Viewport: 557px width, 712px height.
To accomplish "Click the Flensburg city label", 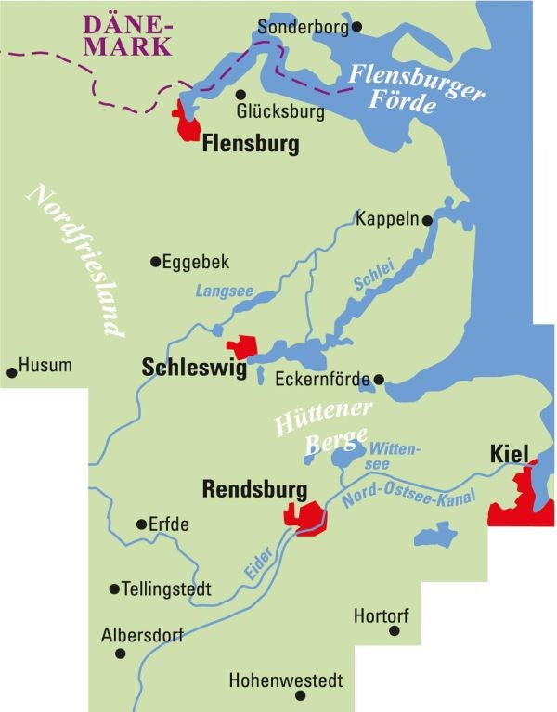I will tap(251, 145).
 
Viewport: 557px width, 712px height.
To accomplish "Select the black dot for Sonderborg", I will tap(356, 27).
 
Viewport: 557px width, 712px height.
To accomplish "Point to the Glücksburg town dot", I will tap(240, 95).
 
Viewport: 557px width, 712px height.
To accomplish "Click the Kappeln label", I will tap(388, 220).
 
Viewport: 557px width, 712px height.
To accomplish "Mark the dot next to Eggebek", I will tap(155, 262).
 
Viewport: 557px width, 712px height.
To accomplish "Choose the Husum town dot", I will tap(12, 372).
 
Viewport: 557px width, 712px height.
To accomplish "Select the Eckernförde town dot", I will tap(379, 379).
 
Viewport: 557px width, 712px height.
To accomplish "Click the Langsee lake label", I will tap(224, 291).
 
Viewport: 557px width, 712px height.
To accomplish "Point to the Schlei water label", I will tap(373, 276).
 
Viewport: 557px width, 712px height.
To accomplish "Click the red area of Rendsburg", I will tap(306, 516).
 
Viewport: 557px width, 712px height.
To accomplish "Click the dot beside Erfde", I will tap(141, 524).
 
